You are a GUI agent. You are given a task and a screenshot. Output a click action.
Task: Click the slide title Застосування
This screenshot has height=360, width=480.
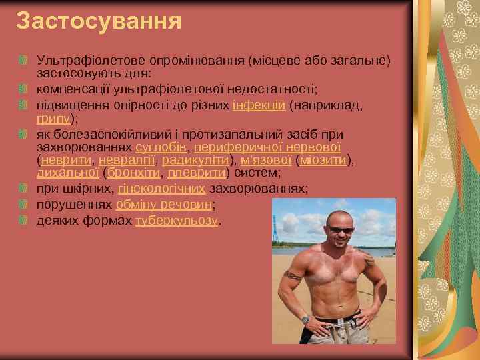click(99, 21)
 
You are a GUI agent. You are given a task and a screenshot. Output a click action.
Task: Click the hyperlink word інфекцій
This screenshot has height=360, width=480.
click(259, 105)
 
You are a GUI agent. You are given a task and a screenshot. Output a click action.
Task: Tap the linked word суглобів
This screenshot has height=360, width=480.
click(161, 147)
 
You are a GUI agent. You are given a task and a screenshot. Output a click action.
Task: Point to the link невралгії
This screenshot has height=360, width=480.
click(126, 159)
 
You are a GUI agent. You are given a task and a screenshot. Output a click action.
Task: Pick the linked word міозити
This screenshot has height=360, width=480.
click(325, 159)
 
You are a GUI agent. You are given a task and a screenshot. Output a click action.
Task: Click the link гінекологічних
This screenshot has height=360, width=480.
click(161, 189)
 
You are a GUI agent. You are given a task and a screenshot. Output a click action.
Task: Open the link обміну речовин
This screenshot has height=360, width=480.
click(163, 205)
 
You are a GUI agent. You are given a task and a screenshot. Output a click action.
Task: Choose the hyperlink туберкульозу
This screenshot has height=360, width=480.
click(176, 221)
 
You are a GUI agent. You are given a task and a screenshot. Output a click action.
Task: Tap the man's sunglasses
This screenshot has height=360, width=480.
click(342, 230)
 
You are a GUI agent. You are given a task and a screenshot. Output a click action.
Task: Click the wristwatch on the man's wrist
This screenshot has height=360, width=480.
click(305, 319)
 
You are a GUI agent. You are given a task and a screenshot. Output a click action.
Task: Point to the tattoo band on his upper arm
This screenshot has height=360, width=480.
click(294, 275)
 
